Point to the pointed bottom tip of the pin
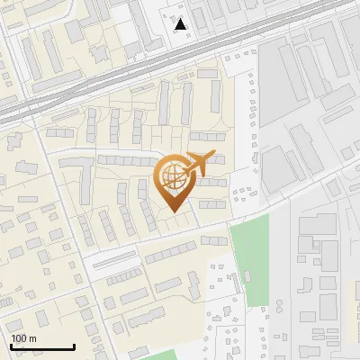tap(174, 212)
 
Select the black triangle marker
tap(182, 24)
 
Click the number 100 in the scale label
tap(19, 338)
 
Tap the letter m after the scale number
tap(32, 338)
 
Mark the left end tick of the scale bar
tap(11, 346)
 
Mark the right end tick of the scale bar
tap(74, 346)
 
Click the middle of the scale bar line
tap(42, 348)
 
